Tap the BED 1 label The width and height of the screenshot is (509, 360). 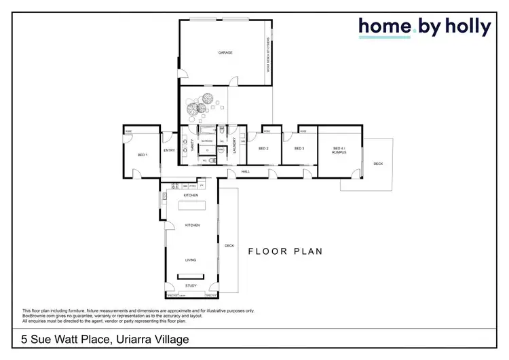143,156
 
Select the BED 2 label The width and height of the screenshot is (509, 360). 264,148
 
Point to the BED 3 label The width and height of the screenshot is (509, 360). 299,148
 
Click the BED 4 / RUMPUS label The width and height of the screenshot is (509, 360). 339,150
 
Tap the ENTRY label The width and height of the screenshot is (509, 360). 169,151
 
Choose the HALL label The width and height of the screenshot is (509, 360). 246,172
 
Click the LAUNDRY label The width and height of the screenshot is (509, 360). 234,147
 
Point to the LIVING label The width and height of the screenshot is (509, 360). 191,259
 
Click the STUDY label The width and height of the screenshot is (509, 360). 191,285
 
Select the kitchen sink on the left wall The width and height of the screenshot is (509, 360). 164,198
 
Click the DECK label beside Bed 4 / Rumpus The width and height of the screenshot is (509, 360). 377,164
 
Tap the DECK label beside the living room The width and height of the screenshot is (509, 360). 229,245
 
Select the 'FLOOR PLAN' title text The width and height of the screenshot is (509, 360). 284,251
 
